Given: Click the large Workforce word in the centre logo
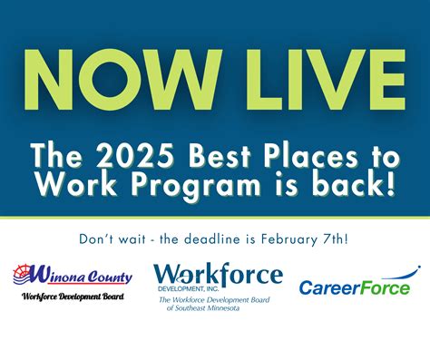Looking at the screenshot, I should pos(218,273).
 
